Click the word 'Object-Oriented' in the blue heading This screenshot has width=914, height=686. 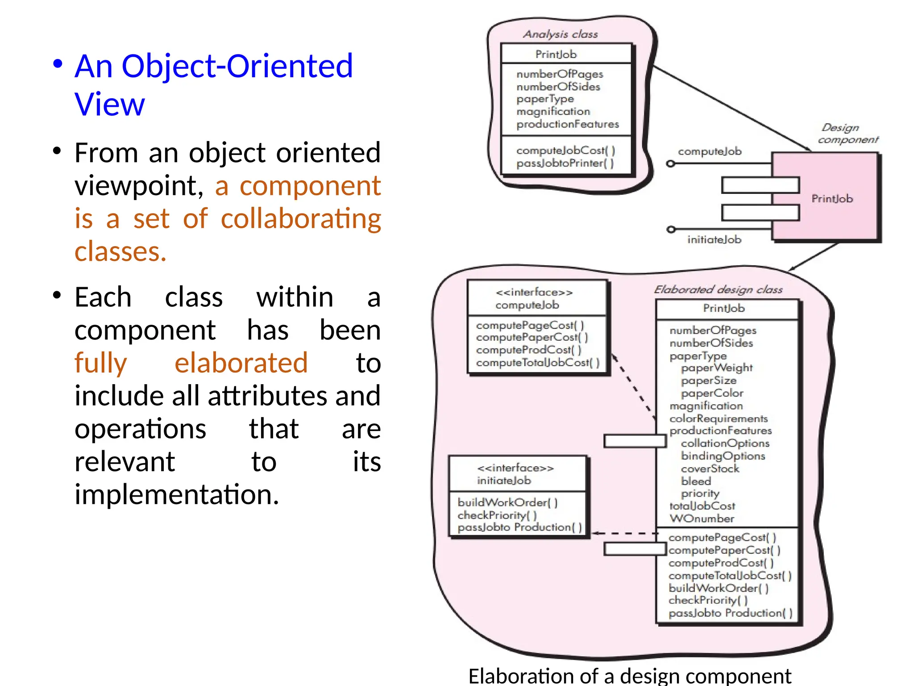point(237,66)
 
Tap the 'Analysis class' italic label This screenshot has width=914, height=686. point(560,34)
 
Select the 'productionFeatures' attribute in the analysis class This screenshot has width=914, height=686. point(567,124)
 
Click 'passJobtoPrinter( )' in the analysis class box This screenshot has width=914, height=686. point(565,163)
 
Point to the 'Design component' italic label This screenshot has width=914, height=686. point(848,134)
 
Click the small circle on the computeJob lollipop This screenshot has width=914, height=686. point(670,163)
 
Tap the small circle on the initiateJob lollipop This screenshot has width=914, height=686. point(670,229)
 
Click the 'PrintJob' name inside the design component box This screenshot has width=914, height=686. point(832,199)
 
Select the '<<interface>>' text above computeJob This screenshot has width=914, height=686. point(534,293)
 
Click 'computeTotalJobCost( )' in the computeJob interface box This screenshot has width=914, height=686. point(538,363)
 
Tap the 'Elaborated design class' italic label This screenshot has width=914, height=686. point(718,289)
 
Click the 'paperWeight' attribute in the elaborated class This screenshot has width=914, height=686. point(716,368)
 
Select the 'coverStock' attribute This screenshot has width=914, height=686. point(710,468)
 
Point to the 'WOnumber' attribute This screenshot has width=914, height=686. point(702,519)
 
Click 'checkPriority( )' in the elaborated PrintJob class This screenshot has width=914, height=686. point(708,600)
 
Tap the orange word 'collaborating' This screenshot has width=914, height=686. point(301,219)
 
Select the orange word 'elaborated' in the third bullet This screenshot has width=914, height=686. point(241,363)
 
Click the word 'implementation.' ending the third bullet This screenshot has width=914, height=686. point(177,495)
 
